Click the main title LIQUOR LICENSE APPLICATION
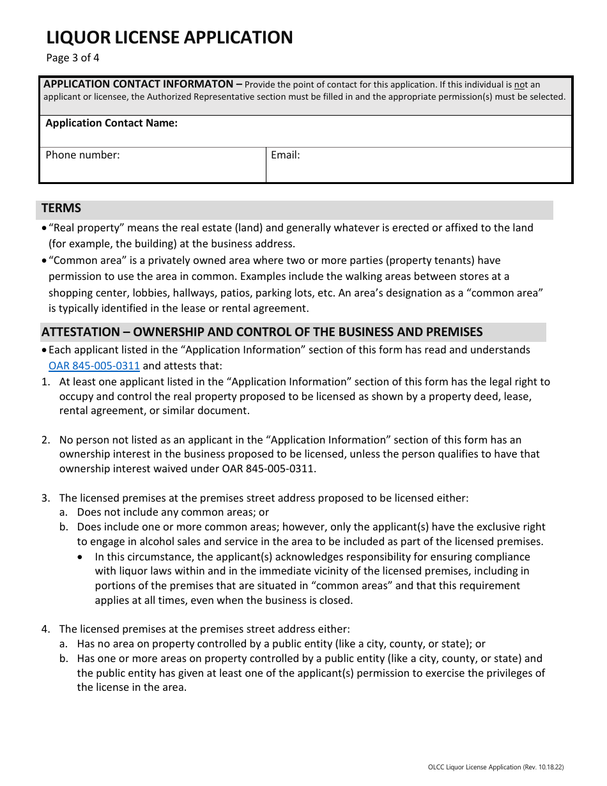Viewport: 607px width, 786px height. [169, 38]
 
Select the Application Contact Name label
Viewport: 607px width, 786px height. [111, 123]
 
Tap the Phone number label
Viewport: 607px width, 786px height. [82, 155]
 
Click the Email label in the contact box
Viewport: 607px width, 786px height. [285, 155]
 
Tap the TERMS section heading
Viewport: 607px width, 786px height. [61, 208]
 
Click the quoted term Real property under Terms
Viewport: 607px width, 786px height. [81, 227]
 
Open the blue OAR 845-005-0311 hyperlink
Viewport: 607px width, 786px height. [94, 366]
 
